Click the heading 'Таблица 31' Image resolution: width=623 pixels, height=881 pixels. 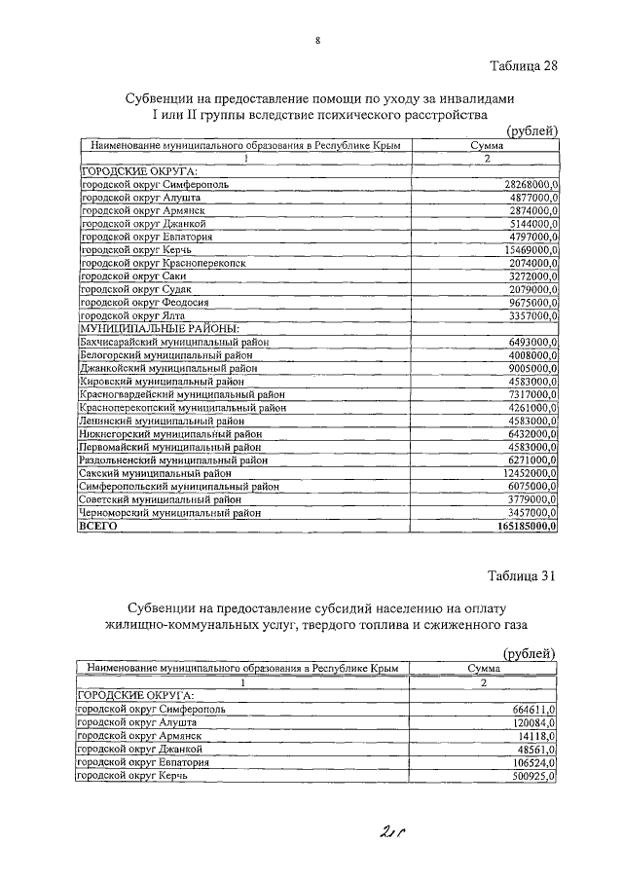(521, 575)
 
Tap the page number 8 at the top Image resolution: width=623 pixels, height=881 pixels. (317, 40)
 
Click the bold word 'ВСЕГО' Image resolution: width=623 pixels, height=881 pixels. (98, 527)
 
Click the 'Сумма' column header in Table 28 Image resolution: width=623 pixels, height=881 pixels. (486, 145)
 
